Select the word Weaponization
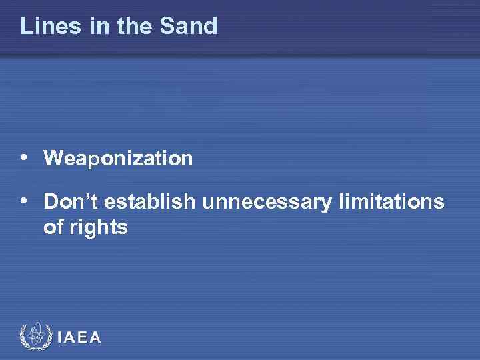118,159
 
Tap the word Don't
71,201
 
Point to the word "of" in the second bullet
53,227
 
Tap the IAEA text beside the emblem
80,337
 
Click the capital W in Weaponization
54,159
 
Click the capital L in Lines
26,26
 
